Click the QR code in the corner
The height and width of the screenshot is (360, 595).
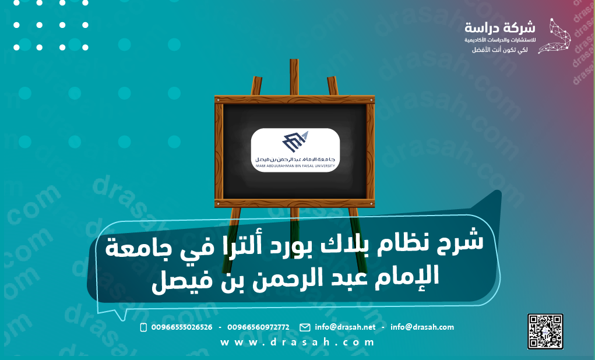pyautogui.click(x=545, y=331)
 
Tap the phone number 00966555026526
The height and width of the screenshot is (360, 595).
pyautogui.click(x=181, y=327)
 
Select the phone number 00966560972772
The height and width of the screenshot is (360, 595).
pyautogui.click(x=258, y=327)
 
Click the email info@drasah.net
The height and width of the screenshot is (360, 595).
pyautogui.click(x=345, y=327)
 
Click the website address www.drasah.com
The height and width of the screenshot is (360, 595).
pyautogui.click(x=297, y=343)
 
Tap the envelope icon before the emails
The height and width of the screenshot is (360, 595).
pyautogui.click(x=304, y=327)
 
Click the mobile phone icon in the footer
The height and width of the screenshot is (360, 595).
pyautogui.click(x=143, y=327)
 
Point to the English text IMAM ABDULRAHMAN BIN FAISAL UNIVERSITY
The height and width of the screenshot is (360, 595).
pyautogui.click(x=295, y=166)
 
